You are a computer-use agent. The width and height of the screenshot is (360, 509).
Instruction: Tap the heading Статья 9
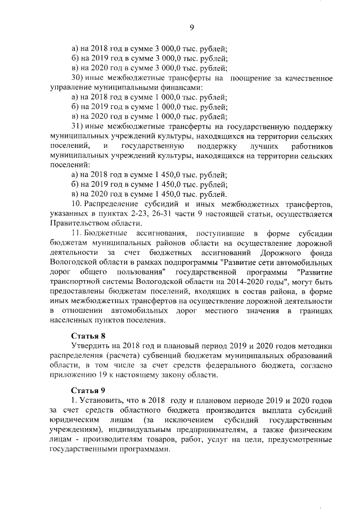(88, 390)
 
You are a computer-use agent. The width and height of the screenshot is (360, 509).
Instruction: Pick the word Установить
(103, 400)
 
